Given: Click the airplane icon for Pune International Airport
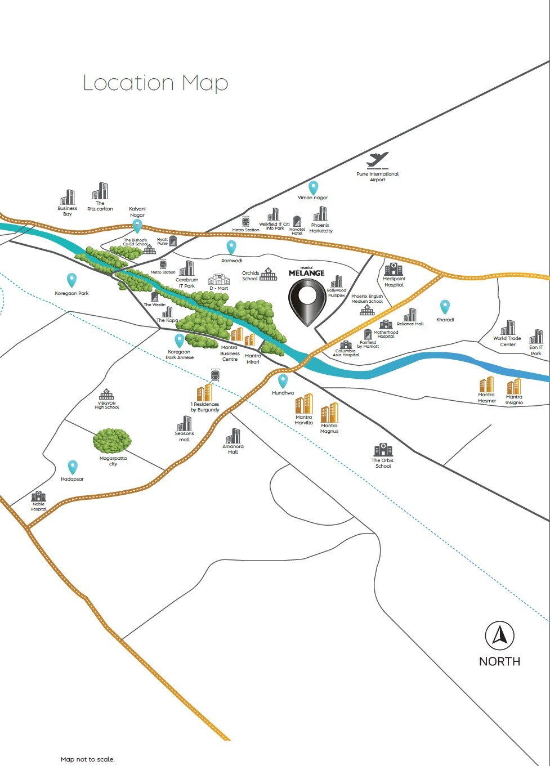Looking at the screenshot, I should click(x=377, y=160).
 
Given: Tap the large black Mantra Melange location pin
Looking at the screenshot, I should click(x=307, y=301).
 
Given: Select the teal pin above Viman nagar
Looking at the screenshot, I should click(x=313, y=187).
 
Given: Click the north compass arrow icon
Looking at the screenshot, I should click(x=499, y=636).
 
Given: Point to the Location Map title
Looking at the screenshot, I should click(x=155, y=83).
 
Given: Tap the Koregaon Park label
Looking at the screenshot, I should click(x=71, y=293).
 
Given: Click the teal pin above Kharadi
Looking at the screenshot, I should click(x=445, y=307).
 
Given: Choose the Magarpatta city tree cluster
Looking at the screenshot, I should click(x=112, y=441).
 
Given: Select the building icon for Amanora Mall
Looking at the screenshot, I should click(x=233, y=436).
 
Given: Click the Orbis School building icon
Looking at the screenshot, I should click(x=383, y=450).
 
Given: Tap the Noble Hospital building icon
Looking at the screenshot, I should click(x=38, y=496).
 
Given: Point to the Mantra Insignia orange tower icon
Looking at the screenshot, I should click(x=513, y=387).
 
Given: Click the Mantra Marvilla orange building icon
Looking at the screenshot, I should click(x=304, y=404).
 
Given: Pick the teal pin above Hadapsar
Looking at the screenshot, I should click(x=73, y=467).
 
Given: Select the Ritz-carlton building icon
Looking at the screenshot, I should click(x=100, y=191).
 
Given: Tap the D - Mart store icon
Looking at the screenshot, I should click(x=219, y=279).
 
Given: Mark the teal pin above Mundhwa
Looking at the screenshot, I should click(x=283, y=381).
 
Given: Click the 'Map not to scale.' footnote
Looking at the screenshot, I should click(x=88, y=759).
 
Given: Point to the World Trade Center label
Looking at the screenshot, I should click(x=507, y=341).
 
